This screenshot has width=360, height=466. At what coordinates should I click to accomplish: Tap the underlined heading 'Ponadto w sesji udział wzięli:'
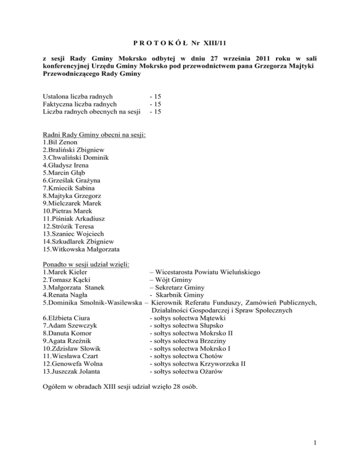(x=87, y=265)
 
